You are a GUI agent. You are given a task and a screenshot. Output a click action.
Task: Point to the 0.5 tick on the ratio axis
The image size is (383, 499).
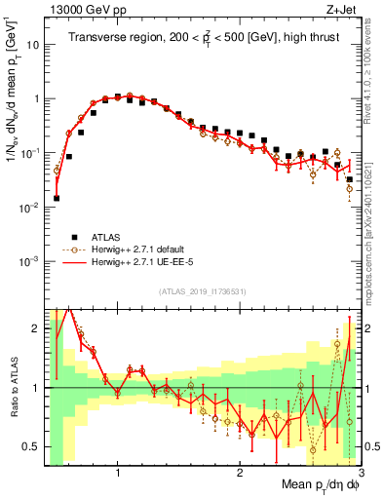tap(30, 446)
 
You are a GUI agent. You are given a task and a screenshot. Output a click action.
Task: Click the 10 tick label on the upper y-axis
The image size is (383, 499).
tap(29, 45)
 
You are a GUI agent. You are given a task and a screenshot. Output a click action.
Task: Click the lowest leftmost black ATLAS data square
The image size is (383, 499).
tap(57, 198)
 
